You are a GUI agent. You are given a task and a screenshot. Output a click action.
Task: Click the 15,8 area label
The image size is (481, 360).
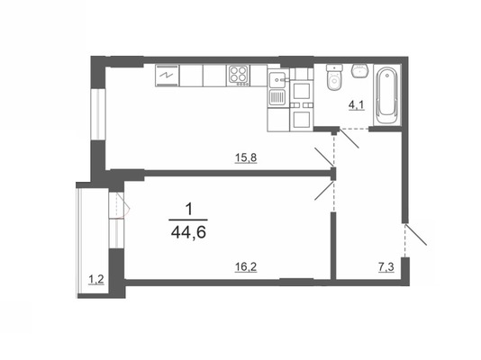coord(246,157)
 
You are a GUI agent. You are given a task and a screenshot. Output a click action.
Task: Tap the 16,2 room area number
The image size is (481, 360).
coord(246,267)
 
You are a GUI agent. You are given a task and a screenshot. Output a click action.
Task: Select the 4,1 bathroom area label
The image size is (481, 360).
coord(356,105)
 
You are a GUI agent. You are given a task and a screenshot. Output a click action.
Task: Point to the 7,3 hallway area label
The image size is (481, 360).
coord(386,267)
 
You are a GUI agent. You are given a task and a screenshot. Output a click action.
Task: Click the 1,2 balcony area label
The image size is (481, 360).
coord(96,280)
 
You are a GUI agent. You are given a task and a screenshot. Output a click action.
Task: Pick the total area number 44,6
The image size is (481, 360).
coord(188,233)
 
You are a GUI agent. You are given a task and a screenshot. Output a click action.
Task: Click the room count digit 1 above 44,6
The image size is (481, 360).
coord(189,211)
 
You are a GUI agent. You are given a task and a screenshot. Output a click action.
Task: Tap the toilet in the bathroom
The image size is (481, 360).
coord(334,77)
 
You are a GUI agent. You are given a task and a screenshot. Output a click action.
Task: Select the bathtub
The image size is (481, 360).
coord(387,95)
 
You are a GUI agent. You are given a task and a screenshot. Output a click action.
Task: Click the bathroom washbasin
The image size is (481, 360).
coord(360,71)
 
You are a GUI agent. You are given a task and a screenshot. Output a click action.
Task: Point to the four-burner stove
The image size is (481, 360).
coord(239,76)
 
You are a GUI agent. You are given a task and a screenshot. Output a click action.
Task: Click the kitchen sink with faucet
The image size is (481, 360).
coord(277,80)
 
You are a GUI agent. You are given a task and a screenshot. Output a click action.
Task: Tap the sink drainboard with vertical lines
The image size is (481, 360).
coord(277,98)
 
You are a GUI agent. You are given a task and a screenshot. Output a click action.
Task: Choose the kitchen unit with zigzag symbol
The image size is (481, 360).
coord(167,76)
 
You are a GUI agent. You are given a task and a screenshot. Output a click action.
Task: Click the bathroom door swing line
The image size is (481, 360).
coord(349,139)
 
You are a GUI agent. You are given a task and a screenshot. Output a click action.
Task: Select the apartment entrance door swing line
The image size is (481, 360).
coord(415,235)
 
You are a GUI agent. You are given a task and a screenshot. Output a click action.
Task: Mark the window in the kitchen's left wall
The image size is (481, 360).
coord(98,114)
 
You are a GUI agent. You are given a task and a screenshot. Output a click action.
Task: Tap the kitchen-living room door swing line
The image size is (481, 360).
coord(325,157)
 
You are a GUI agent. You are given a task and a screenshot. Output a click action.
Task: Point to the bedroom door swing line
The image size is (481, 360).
coord(324,191)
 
